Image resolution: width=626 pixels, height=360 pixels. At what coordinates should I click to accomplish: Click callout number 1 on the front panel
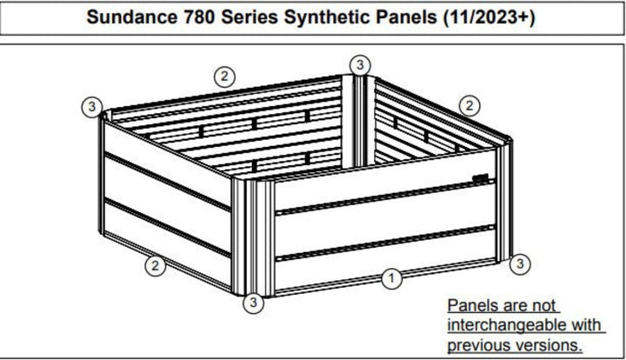coord(391,278)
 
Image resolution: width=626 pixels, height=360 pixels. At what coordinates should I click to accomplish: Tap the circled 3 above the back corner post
coord(360,64)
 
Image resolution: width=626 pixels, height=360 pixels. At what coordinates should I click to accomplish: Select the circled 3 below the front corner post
coord(254,303)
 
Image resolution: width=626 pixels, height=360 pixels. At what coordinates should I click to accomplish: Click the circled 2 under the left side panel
coord(156,265)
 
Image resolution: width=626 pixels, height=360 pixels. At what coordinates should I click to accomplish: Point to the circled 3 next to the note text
coord(520,263)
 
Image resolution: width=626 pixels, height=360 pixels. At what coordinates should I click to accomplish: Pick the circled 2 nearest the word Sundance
coord(225,77)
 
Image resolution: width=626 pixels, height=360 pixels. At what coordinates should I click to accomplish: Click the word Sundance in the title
coord(132,17)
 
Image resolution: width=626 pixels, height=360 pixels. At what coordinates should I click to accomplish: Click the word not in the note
coord(543,306)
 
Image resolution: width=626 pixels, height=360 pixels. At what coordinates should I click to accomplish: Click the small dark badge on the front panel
coord(480,177)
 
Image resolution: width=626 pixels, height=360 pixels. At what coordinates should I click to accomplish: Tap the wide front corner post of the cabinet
coord(253,237)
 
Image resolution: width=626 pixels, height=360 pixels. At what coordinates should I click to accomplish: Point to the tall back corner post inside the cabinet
coord(358,121)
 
